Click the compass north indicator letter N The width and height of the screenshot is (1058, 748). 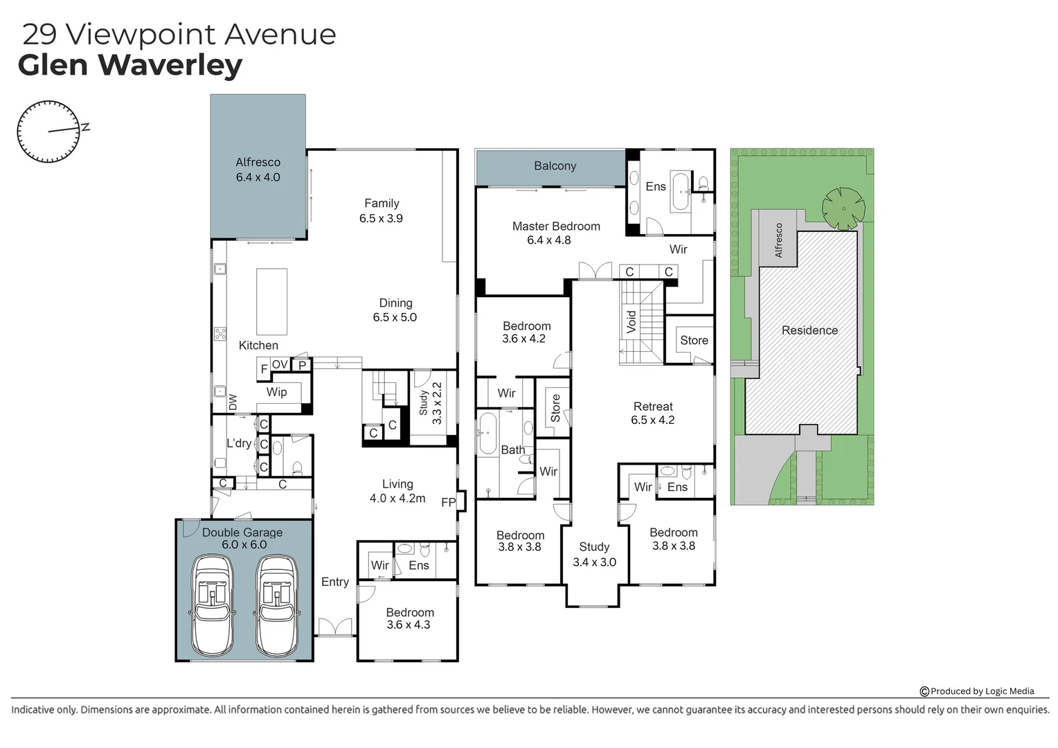[86, 127]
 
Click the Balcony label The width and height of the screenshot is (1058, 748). [555, 166]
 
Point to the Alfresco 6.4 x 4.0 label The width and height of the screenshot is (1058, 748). [258, 170]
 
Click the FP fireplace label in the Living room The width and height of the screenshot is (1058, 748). [448, 502]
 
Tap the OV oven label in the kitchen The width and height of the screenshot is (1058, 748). [280, 364]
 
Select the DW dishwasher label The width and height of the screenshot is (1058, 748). [233, 402]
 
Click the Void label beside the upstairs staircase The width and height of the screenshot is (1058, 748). [631, 322]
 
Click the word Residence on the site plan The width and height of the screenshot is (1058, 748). [809, 330]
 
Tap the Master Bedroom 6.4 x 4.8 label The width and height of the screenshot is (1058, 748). [555, 233]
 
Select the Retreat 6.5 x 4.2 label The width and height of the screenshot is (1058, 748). [652, 413]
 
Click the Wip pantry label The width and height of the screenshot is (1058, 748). [276, 392]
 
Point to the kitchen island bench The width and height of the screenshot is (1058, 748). [271, 302]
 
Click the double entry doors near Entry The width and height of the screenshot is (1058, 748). [336, 627]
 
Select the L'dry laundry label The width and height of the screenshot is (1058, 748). [239, 443]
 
